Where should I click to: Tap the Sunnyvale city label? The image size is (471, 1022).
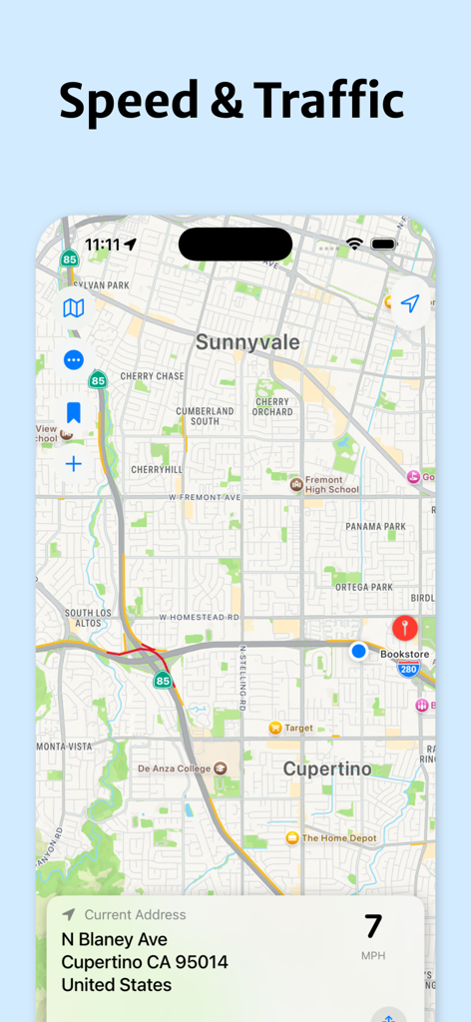pyautogui.click(x=246, y=342)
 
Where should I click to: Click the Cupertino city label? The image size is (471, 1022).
pyautogui.click(x=327, y=768)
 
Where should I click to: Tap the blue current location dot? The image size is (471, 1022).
pyautogui.click(x=359, y=651)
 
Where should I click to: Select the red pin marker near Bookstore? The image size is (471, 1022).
pyautogui.click(x=404, y=628)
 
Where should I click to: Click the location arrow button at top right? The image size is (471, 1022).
pyautogui.click(x=409, y=304)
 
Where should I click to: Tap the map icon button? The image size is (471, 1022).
pyautogui.click(x=73, y=308)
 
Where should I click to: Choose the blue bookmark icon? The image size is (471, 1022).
pyautogui.click(x=73, y=412)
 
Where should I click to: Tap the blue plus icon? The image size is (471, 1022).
pyautogui.click(x=73, y=464)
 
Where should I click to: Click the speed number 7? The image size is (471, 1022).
pyautogui.click(x=372, y=926)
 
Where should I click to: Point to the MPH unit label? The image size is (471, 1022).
pyautogui.click(x=372, y=955)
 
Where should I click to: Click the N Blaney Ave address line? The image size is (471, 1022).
pyautogui.click(x=114, y=939)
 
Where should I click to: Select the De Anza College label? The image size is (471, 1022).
pyautogui.click(x=175, y=768)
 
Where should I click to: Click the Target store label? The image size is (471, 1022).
pyautogui.click(x=298, y=728)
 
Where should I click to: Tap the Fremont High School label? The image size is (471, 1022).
pyautogui.click(x=331, y=484)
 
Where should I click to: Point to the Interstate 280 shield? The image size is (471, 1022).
pyautogui.click(x=408, y=669)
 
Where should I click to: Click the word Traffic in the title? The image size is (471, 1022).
pyautogui.click(x=328, y=100)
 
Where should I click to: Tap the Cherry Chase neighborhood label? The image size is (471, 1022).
pyautogui.click(x=152, y=376)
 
